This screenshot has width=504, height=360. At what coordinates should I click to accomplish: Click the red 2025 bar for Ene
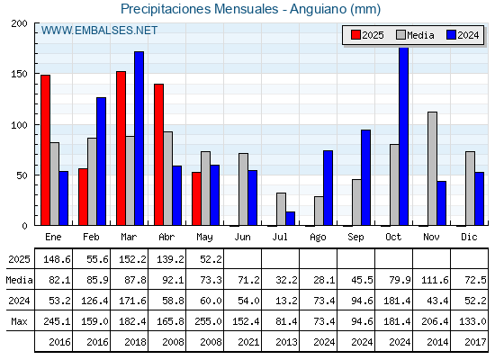coord(45,150)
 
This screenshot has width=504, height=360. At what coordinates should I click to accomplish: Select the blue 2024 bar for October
coord(403,136)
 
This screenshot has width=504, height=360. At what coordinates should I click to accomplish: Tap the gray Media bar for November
coord(432,169)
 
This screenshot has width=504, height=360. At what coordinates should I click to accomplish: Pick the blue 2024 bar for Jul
coord(290,219)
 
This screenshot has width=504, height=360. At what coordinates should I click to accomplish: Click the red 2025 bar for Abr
coord(158,155)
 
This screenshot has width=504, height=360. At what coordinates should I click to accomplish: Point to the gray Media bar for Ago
coord(319,211)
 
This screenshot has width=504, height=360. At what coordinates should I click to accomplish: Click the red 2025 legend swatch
coord(355,35)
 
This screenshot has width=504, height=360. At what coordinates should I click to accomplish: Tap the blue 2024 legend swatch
coord(451,35)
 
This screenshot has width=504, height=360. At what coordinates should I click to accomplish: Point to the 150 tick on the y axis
coord(19,74)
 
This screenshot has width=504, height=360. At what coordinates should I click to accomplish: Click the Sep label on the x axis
coord(355,238)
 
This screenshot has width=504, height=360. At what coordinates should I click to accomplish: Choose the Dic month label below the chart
coord(469,237)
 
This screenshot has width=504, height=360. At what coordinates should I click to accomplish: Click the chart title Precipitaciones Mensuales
coord(199,9)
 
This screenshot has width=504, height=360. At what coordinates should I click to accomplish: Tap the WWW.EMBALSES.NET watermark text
coord(99,31)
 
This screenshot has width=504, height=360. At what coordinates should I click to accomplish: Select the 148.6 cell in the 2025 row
coord(57,259)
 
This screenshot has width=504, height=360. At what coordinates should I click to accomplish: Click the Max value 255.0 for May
coord(208,321)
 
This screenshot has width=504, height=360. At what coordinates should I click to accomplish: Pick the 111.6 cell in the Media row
coord(435,280)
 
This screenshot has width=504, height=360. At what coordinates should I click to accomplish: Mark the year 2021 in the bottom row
coord(248,342)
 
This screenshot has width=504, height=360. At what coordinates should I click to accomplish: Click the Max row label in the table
coord(19,321)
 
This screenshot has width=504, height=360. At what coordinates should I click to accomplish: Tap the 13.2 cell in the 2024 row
coord(286,301)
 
